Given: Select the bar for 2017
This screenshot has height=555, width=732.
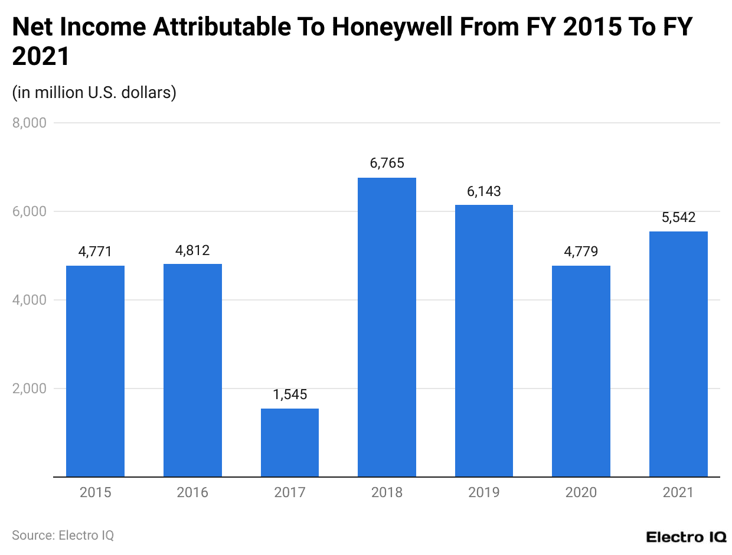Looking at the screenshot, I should pos(289,442).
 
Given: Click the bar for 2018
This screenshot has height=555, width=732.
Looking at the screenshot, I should pos(387,327).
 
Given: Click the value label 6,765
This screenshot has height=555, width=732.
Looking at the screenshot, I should pos(387,164).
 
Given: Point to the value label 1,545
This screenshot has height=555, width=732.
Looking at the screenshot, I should pos(289,394).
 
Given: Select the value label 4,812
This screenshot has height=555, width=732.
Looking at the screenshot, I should pos(192,250).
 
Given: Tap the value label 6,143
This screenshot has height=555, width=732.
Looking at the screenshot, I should pos(483,191).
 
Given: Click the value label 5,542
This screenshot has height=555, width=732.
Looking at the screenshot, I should pos(678,217).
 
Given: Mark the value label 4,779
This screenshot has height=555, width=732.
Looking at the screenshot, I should pos(581,252).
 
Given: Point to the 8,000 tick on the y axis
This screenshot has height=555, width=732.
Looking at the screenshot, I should pos(29,123).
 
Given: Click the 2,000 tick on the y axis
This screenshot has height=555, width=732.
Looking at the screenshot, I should pos(29,389).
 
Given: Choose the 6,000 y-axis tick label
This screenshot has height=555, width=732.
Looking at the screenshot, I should pos(29,211).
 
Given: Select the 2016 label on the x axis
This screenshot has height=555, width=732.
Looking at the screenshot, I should pos(192,492).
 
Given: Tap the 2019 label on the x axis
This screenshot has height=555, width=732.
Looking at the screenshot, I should pos(483,492).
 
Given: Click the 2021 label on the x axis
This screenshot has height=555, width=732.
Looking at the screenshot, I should pos(678,492).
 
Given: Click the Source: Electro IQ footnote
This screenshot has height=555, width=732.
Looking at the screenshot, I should pos(63,536).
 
